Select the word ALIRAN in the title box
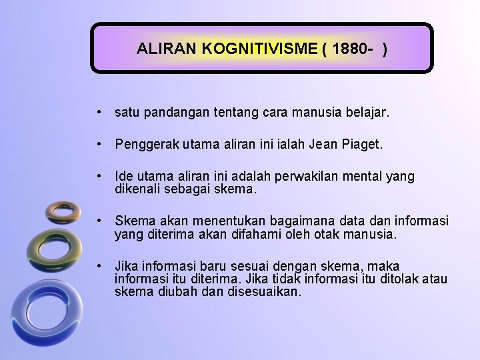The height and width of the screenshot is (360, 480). pyautogui.click(x=163, y=49)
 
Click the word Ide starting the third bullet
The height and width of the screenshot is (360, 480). pyautogui.click(x=123, y=177)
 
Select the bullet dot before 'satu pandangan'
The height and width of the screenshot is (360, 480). pyautogui.click(x=99, y=113)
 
